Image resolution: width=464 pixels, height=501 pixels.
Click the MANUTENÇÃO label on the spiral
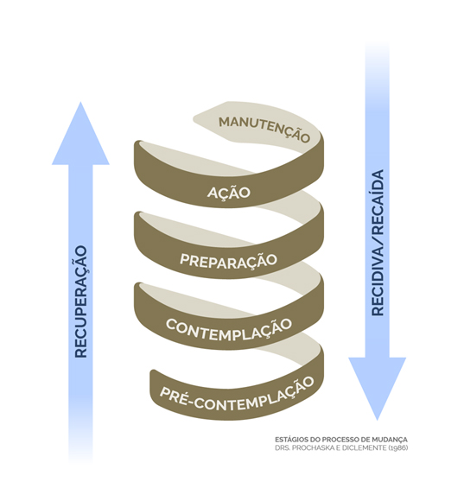tap(264, 129)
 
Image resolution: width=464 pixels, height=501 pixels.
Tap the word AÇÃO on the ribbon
tap(229, 193)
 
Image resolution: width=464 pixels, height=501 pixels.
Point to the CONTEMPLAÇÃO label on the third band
tap(229, 329)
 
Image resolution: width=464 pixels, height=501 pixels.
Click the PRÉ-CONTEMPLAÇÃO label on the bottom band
tap(237, 395)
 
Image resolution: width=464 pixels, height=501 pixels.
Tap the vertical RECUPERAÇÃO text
tap(80, 301)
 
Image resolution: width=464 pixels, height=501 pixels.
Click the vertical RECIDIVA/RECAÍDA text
tap(377, 243)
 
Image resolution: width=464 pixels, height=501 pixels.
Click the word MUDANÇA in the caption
tap(391, 440)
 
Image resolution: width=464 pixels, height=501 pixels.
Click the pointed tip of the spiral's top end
tap(194, 121)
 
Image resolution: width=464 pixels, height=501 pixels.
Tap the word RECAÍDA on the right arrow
tap(377, 202)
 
